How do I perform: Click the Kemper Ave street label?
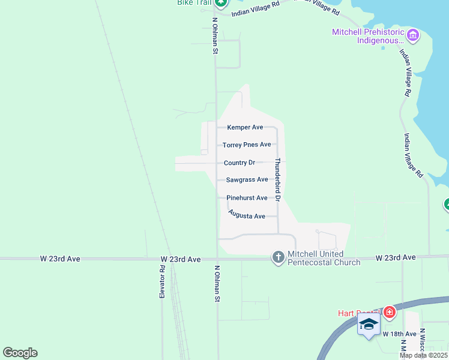pyautogui.click(x=245, y=127)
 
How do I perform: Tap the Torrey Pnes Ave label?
pyautogui.click(x=247, y=145)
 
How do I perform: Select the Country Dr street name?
pyautogui.click(x=240, y=163)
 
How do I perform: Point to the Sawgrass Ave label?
pyautogui.click(x=247, y=179)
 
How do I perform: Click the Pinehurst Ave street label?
pyautogui.click(x=247, y=197)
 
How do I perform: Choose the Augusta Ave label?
pyautogui.click(x=247, y=215)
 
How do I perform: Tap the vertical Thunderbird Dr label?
pyautogui.click(x=278, y=179)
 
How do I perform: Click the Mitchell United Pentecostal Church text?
pyautogui.click(x=324, y=258)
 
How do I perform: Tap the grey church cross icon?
pyautogui.click(x=278, y=257)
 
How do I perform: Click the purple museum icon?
pyautogui.click(x=412, y=36)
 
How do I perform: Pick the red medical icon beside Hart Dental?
pyautogui.click(x=390, y=312)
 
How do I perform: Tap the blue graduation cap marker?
pyautogui.click(x=368, y=325)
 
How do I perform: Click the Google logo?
pyautogui.click(x=20, y=353)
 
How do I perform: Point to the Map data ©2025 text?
pyautogui.click(x=424, y=355)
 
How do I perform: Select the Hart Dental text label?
pyautogui.click(x=358, y=313)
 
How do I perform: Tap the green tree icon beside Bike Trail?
pyautogui.click(x=221, y=2)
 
